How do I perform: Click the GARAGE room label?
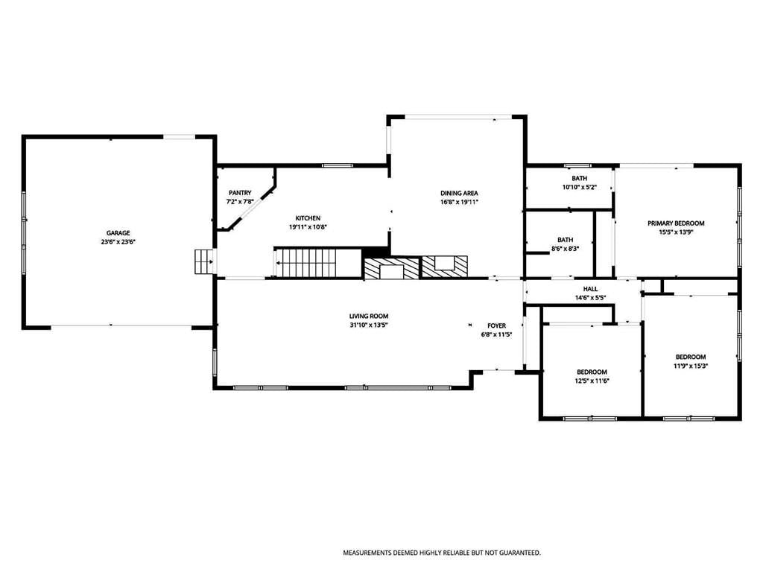click(x=118, y=233)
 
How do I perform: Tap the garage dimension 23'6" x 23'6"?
click(x=118, y=242)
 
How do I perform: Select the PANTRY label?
click(x=240, y=193)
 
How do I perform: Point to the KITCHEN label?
click(x=308, y=218)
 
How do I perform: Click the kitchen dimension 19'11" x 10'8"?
click(x=308, y=227)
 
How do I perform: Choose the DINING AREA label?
click(x=459, y=193)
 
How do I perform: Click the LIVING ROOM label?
click(x=369, y=316)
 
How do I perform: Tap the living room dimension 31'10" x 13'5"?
click(x=369, y=325)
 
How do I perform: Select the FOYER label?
click(x=497, y=326)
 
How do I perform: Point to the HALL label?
click(x=591, y=289)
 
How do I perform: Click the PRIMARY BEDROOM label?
click(x=676, y=223)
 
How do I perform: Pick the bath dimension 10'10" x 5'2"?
click(x=580, y=187)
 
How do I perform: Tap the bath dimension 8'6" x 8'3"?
click(x=565, y=249)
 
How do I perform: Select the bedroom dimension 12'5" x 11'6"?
click(x=592, y=381)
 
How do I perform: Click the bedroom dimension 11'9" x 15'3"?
click(x=691, y=366)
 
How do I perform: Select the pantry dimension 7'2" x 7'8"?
click(x=240, y=202)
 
